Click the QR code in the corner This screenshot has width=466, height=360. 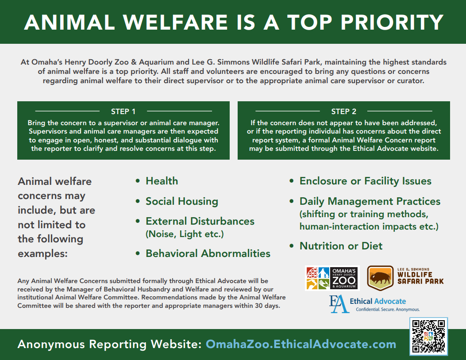pos(428,336)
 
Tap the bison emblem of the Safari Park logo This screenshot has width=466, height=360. pos(381,278)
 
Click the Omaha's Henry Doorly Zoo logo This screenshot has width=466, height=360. pos(332,278)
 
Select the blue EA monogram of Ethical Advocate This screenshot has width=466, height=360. pos(339,304)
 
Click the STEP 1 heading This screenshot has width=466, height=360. pos(123,111)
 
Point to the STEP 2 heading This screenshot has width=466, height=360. pos(344,111)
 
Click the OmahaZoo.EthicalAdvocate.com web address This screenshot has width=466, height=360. pos(301,344)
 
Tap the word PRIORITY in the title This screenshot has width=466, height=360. pos(392,22)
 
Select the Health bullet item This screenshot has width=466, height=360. pos(162,181)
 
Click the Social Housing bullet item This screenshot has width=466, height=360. pos(182,201)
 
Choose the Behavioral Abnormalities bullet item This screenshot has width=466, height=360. pos(208,253)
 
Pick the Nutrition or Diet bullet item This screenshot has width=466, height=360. pos(341,246)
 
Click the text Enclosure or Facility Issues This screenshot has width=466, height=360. pos(366,181)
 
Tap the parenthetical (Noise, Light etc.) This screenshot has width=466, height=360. pos(185,234)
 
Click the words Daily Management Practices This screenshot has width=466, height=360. pos(370,201)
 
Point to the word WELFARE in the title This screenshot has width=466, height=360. pos(175,22)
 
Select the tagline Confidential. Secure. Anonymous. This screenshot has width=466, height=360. pos(388,310)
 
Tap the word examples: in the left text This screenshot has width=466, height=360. pos(43,253)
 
